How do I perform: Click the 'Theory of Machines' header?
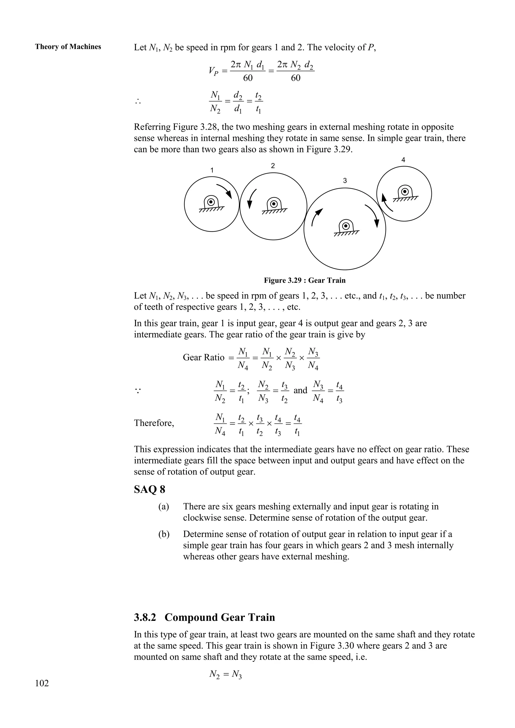pyautogui.click(x=68, y=47)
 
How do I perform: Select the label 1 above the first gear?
pyautogui.click(x=212, y=170)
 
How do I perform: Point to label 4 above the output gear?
pyautogui.click(x=403, y=160)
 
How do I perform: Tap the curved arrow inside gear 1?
pyautogui.click(x=225, y=191)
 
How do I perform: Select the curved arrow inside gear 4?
pyautogui.click(x=386, y=203)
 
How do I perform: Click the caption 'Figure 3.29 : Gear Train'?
pyautogui.click(x=305, y=280)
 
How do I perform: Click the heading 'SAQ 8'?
pyautogui.click(x=149, y=490)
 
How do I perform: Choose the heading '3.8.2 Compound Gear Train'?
pyautogui.click(x=204, y=617)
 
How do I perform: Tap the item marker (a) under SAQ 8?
pyautogui.click(x=164, y=506)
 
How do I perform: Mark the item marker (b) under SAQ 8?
pyautogui.click(x=164, y=534)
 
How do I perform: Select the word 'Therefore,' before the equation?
pyautogui.click(x=154, y=423)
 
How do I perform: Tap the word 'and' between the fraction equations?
pyautogui.click(x=300, y=390)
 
